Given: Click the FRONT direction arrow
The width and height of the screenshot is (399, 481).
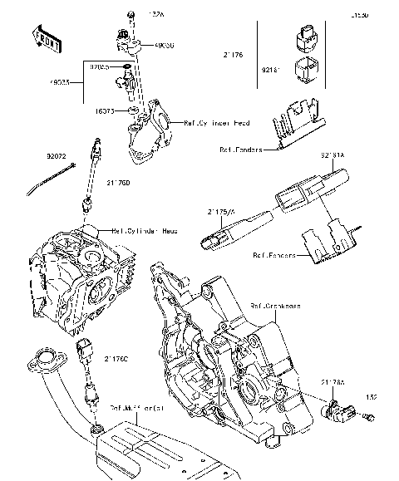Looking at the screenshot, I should [x=43, y=37].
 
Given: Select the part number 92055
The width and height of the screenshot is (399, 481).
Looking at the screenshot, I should [x=103, y=64].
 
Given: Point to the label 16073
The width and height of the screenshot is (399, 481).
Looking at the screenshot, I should [x=104, y=110].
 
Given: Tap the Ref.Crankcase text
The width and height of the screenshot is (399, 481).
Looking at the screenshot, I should [x=278, y=306].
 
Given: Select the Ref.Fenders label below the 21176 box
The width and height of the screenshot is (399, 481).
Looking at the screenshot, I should [x=241, y=150].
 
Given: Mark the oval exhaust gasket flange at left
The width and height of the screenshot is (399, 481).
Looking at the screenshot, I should [x=41, y=363].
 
